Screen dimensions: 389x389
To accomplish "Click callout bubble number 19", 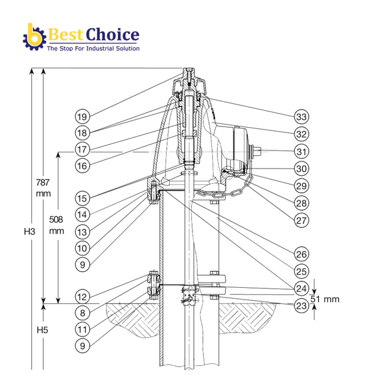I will click(x=81, y=117).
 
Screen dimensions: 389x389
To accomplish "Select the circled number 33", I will click(x=300, y=117).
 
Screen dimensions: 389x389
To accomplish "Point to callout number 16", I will click(x=81, y=166).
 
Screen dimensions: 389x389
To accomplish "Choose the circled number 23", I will click(x=300, y=305).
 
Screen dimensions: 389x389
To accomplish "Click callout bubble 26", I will click(x=300, y=253).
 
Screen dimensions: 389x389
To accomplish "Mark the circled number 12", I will click(x=81, y=298).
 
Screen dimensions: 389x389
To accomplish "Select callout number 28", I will click(x=300, y=203).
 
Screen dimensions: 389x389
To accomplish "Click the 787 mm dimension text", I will click(x=43, y=188).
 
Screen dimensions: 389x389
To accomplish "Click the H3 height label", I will click(x=28, y=231).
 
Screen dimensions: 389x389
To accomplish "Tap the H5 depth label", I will click(x=28, y=329).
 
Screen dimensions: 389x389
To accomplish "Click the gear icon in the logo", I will click(x=33, y=38).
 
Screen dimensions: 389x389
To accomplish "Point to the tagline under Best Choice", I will click(x=92, y=49).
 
